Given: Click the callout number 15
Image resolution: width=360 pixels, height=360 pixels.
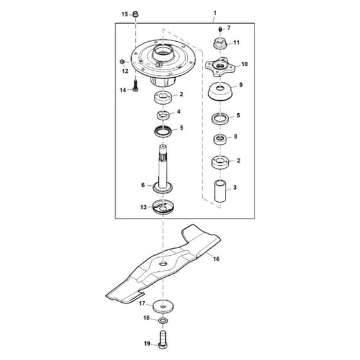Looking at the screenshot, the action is (x=125, y=14).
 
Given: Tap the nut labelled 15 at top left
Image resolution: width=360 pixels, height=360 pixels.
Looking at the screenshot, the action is (x=136, y=14).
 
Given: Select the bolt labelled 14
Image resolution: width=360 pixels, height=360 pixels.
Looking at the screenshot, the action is (x=136, y=85).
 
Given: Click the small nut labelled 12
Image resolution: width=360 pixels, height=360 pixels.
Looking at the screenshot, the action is (x=122, y=62).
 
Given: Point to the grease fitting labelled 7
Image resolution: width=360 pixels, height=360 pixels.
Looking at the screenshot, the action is (x=220, y=30).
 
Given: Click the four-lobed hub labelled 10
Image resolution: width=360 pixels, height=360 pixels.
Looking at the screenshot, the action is (x=220, y=66).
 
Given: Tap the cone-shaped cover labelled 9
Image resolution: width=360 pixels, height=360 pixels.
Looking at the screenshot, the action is (x=220, y=91).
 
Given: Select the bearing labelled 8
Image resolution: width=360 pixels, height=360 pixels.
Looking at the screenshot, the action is (x=220, y=139).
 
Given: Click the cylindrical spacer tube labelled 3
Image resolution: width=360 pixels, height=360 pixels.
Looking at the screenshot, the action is (x=220, y=191).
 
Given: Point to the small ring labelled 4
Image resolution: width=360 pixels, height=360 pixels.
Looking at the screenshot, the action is (x=163, y=114).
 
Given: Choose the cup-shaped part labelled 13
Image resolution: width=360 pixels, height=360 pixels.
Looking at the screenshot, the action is (x=163, y=207).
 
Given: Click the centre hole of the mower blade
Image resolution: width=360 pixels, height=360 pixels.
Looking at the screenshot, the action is (x=163, y=264).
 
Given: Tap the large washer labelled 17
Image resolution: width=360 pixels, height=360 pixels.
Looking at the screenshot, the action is (x=163, y=307).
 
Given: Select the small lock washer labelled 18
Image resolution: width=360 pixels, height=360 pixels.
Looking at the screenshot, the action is (x=163, y=320).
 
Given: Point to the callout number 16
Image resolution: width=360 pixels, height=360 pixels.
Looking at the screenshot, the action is (x=216, y=258).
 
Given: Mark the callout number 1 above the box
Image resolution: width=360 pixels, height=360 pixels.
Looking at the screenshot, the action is (x=215, y=13).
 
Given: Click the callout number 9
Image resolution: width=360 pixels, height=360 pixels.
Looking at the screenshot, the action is (x=241, y=85).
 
